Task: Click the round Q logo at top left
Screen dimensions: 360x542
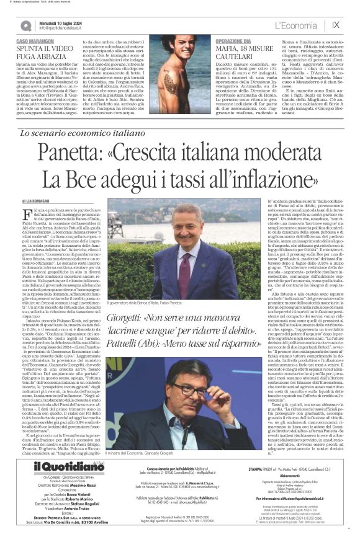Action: click(26, 25)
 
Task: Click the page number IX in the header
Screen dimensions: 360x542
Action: click(336, 25)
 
